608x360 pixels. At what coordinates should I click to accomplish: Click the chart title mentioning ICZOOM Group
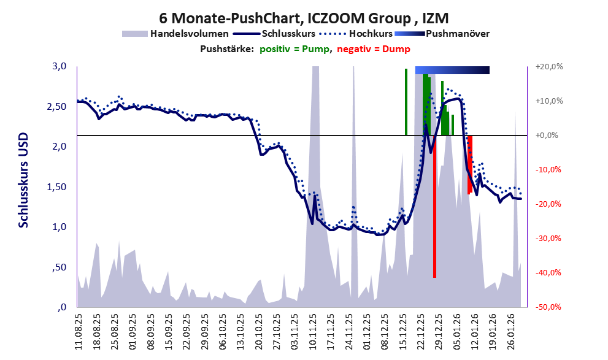(303, 17)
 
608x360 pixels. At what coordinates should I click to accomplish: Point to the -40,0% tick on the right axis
(548, 273)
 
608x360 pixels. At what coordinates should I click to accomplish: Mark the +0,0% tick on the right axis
(549, 136)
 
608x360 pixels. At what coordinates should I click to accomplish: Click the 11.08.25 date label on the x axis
(78, 331)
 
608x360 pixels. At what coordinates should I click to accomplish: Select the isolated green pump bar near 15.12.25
(406, 102)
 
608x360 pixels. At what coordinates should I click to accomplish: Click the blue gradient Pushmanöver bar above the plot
(452, 70)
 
